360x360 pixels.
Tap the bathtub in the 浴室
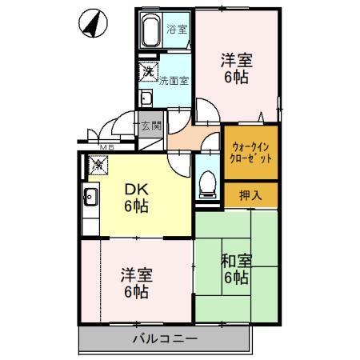tap(150, 34)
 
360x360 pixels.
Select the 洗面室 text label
tap(174, 80)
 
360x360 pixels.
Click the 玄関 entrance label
tap(150, 126)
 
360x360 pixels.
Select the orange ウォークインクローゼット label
tap(251, 153)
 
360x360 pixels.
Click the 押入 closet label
tap(251, 194)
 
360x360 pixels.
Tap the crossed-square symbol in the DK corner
tap(98, 166)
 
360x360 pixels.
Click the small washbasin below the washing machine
tap(146, 98)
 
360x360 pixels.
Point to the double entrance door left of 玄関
tap(112, 128)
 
